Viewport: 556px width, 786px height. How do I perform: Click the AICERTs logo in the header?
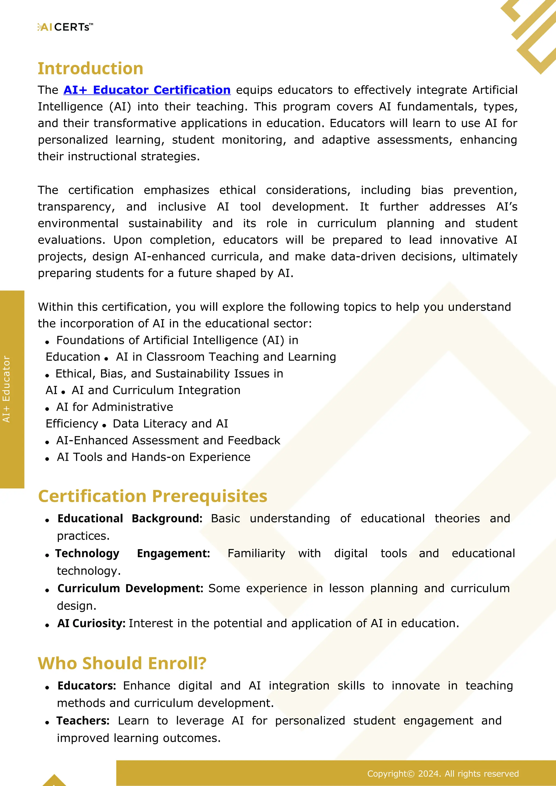[x=65, y=27]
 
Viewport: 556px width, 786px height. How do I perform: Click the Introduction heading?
[x=90, y=68]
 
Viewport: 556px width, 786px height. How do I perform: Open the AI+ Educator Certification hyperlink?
[x=147, y=90]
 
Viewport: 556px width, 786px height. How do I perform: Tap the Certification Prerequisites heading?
[x=153, y=496]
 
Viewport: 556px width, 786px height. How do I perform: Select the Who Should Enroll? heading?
[x=122, y=663]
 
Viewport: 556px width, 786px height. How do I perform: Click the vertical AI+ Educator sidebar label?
[x=7, y=389]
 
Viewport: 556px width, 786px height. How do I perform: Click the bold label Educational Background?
[x=130, y=519]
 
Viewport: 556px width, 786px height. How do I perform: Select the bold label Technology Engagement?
[x=132, y=553]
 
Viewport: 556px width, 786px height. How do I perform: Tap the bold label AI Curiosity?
[x=91, y=623]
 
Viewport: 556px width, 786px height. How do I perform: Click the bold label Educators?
[x=87, y=686]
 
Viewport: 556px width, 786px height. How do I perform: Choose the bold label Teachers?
[x=83, y=721]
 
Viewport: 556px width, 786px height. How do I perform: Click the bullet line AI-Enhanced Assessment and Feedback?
[x=168, y=440]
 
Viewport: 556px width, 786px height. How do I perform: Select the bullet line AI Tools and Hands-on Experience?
[x=153, y=457]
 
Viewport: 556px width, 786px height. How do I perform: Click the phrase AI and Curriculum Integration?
[x=156, y=390]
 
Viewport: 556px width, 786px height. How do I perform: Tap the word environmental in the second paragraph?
[x=78, y=223]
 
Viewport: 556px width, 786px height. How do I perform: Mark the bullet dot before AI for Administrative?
[x=47, y=409]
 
